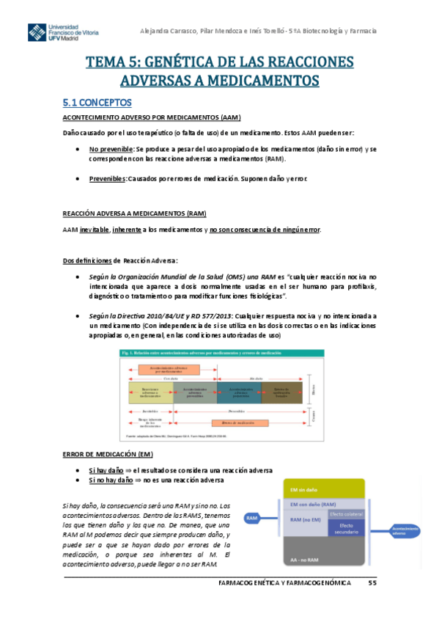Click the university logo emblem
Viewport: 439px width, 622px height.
coord(37,33)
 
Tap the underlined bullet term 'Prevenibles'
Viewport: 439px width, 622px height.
coord(107,178)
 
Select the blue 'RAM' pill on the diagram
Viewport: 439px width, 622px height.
coord(252,519)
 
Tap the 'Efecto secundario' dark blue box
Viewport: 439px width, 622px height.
coord(345,528)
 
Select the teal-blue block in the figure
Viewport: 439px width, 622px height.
coord(239,392)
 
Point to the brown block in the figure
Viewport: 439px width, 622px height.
coord(281,392)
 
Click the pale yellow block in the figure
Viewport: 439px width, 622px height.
coord(151,392)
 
